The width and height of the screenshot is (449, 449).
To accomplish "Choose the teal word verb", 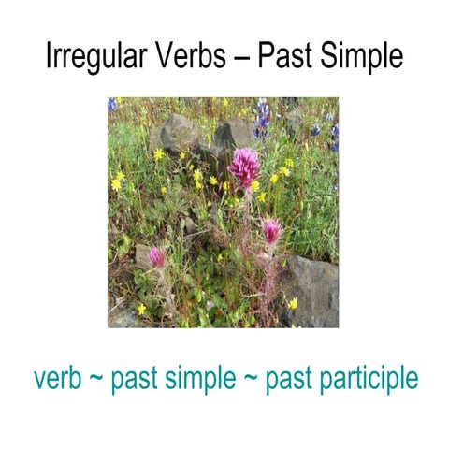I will tap(62, 379).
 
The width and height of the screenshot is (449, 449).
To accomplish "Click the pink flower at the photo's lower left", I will tap(157, 255).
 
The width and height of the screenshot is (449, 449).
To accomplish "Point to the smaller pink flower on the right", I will tap(271, 230).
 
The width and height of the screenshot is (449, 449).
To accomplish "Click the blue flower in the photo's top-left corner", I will tap(113, 104).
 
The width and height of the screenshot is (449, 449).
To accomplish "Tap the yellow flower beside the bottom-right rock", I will tap(292, 302).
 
